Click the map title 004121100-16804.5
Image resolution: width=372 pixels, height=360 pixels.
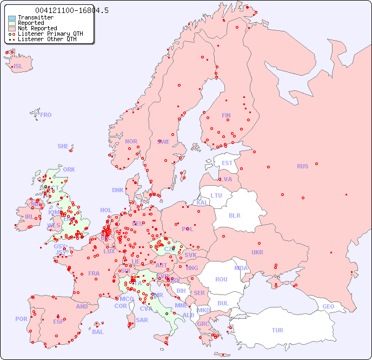(71, 10)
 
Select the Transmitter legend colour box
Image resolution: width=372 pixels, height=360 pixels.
(12, 18)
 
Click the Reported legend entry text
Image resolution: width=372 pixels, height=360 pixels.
(31, 23)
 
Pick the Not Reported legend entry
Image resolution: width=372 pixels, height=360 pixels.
(37, 29)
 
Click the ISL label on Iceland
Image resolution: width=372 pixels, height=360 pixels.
(18, 67)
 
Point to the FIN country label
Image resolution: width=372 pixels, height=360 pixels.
(226, 115)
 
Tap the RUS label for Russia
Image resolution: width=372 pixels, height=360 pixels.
(302, 166)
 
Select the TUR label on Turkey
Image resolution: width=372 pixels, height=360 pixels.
(277, 330)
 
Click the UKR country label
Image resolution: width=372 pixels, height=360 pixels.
(257, 252)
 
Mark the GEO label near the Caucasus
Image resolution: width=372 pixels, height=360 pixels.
(328, 306)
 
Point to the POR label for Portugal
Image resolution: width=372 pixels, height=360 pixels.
(21, 319)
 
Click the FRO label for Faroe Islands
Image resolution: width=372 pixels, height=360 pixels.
(46, 115)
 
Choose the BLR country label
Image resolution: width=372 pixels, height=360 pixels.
(234, 215)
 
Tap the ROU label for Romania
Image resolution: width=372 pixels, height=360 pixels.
(221, 279)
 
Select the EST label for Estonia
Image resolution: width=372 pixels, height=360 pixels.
(227, 163)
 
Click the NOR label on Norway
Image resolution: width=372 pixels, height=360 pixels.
(131, 141)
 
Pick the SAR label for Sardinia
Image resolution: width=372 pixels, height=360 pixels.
(142, 320)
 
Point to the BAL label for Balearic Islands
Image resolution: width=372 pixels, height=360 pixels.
(98, 332)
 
